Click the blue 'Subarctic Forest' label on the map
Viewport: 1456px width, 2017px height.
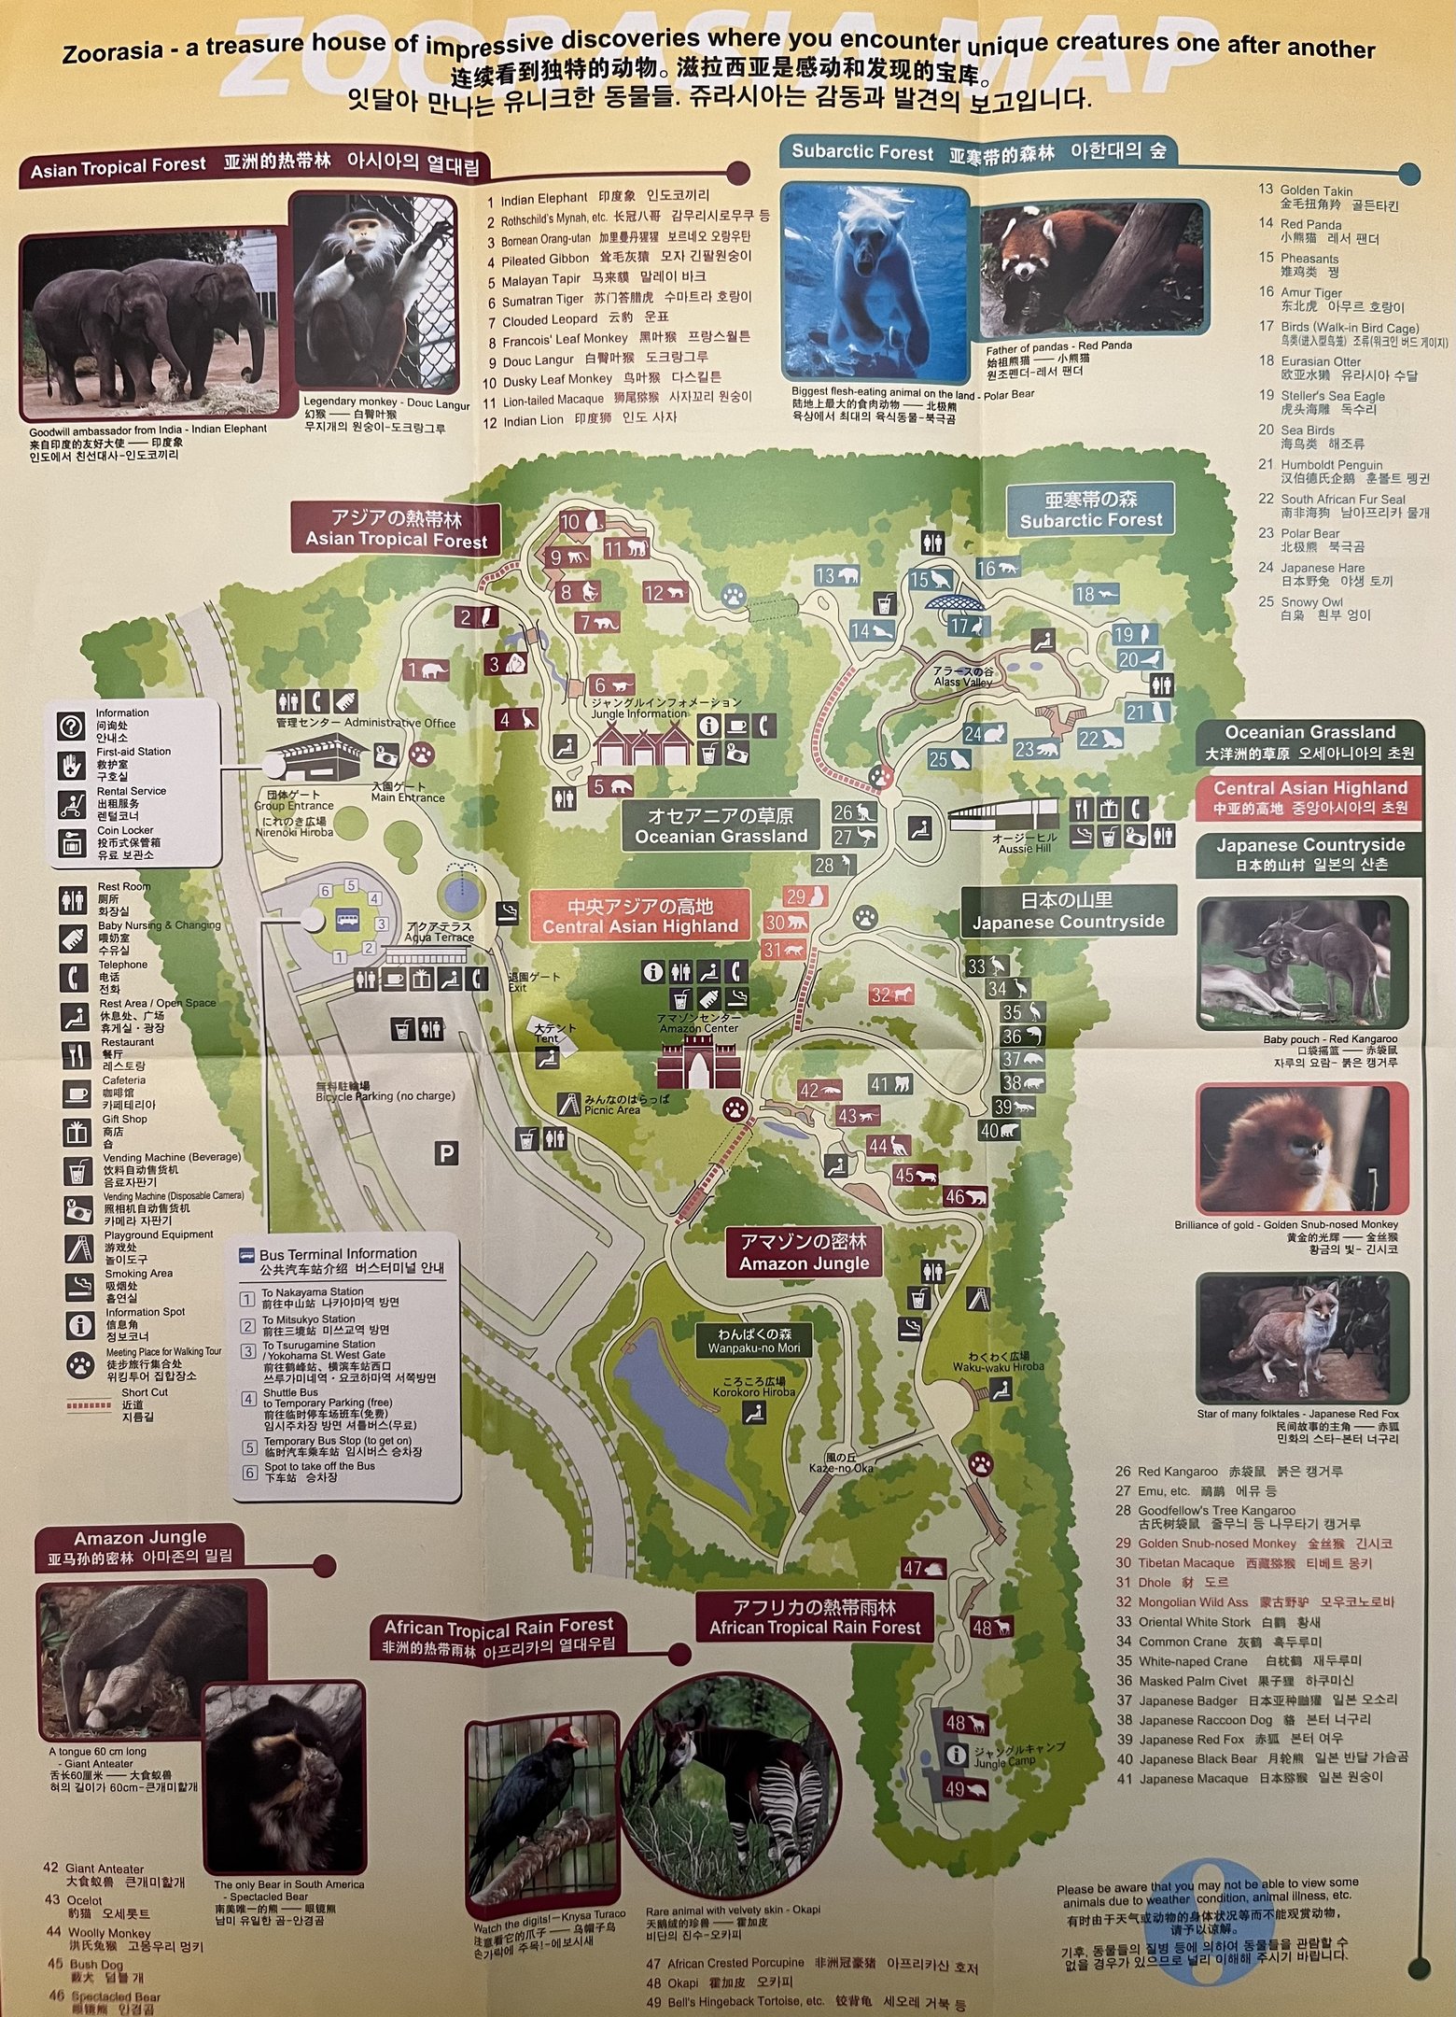click(1090, 510)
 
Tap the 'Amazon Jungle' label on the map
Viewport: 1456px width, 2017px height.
click(805, 1253)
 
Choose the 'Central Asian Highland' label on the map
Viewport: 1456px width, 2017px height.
click(640, 916)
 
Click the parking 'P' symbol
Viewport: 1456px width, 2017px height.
click(447, 1154)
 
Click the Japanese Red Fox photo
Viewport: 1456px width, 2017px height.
click(1302, 1338)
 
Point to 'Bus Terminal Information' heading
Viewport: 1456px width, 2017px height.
click(338, 1253)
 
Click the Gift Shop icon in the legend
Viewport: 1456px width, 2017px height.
click(76, 1132)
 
